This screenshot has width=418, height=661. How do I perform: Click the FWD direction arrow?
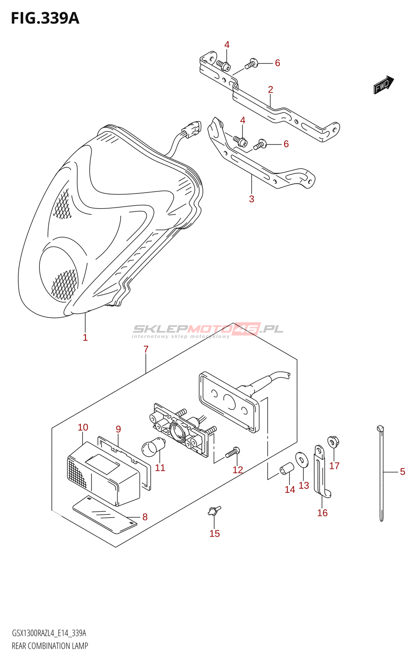click(x=384, y=84)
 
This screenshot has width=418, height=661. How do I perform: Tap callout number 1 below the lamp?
click(x=85, y=338)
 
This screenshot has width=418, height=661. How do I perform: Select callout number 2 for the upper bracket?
click(x=271, y=89)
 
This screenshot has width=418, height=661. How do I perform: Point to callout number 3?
click(x=252, y=199)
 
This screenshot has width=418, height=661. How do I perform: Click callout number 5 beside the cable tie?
click(x=402, y=471)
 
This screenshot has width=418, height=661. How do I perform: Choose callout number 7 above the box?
click(x=146, y=349)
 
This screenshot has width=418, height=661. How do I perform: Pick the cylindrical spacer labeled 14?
click(x=287, y=469)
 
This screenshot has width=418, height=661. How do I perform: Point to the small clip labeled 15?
click(x=214, y=511)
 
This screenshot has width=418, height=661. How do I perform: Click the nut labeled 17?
click(x=333, y=442)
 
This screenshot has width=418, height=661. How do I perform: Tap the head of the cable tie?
click(x=380, y=428)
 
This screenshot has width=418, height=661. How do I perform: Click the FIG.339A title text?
click(x=45, y=18)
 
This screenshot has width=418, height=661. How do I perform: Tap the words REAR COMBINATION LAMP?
click(x=50, y=646)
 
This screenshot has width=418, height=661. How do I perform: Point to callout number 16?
click(x=322, y=513)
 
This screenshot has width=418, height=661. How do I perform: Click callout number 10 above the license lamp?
click(x=83, y=427)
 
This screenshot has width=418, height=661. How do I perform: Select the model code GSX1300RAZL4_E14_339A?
click(x=49, y=633)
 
